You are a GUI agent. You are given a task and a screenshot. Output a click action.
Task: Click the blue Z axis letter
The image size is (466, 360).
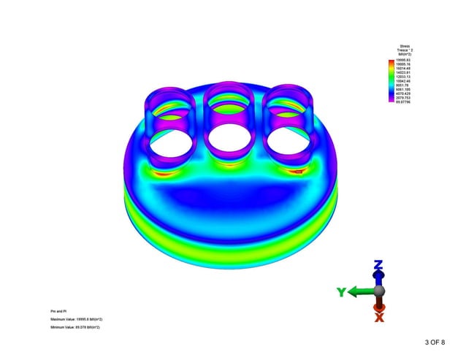[378, 264]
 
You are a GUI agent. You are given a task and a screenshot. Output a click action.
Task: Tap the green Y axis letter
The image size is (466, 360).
[340, 292]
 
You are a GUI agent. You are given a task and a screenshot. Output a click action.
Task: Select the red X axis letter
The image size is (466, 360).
[379, 317]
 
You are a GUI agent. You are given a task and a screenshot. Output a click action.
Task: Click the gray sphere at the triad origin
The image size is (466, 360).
[379, 291]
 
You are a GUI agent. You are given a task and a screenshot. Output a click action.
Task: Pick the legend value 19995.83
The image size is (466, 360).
[404, 59]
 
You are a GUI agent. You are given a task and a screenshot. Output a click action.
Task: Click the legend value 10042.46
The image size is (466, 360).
[404, 81]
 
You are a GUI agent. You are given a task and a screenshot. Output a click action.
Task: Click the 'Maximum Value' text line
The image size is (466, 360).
[76, 319]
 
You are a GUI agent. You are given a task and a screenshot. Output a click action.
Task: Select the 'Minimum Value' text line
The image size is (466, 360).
[75, 327]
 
